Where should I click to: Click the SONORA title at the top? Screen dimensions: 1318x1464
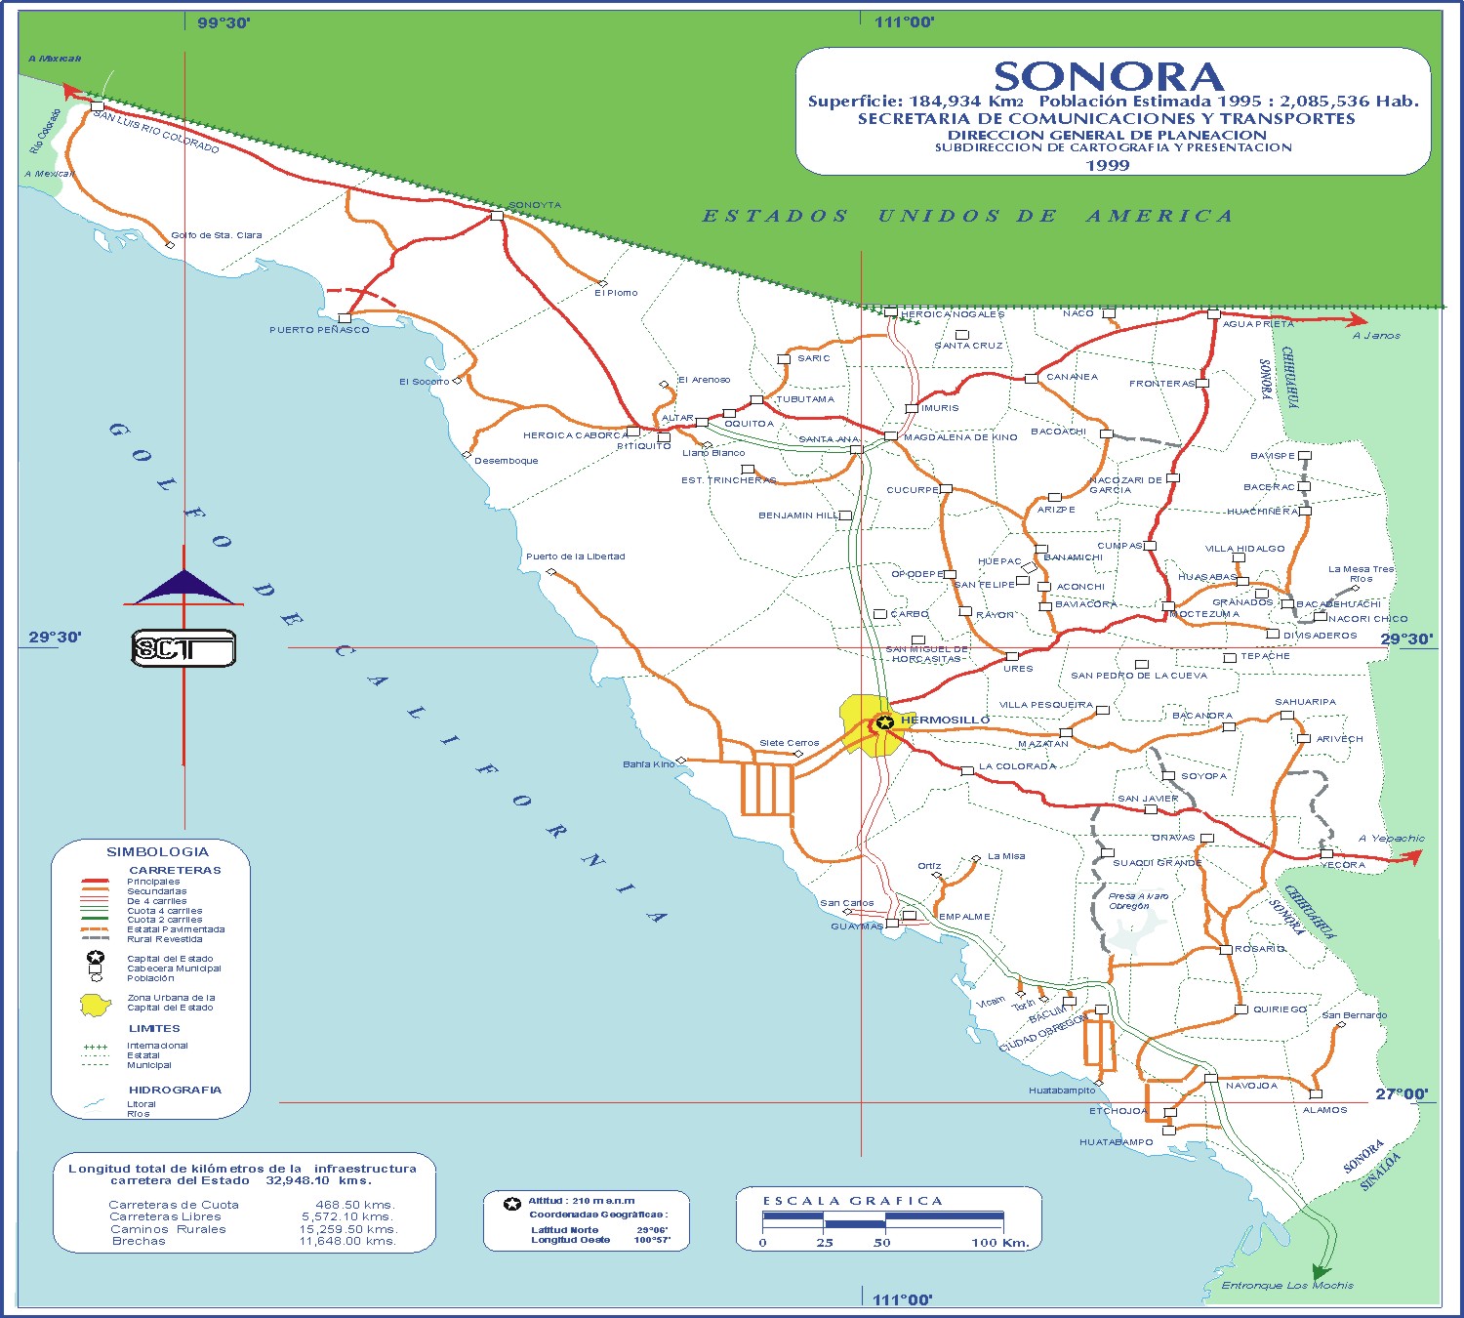pyautogui.click(x=1108, y=77)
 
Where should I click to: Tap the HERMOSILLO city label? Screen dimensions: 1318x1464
pyautogui.click(x=945, y=721)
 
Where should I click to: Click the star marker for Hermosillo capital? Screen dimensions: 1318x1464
pyautogui.click(x=884, y=723)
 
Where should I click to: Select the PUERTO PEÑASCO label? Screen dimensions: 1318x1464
pyautogui.click(x=319, y=330)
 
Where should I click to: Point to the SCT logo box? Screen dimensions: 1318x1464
pyautogui.click(x=183, y=649)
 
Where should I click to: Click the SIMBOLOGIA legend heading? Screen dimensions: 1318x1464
pyautogui.click(x=157, y=852)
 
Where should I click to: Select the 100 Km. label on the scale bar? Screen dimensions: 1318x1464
pyautogui.click(x=999, y=1243)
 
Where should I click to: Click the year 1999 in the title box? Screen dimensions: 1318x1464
pyautogui.click(x=1108, y=166)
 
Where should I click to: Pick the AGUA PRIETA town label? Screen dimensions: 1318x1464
pyautogui.click(x=1258, y=324)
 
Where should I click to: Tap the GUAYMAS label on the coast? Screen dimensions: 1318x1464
pyautogui.click(x=857, y=927)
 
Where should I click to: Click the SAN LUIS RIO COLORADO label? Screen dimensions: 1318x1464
pyautogui.click(x=156, y=132)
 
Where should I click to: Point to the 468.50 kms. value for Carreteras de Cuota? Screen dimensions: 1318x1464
pyautogui.click(x=355, y=1205)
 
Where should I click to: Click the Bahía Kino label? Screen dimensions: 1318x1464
pyautogui.click(x=649, y=764)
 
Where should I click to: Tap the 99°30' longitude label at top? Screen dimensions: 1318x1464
pyautogui.click(x=224, y=23)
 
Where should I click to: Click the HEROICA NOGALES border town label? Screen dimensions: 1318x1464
pyautogui.click(x=952, y=314)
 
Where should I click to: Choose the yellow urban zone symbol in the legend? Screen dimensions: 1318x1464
pyautogui.click(x=96, y=1004)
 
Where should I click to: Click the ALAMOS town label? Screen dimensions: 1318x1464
pyautogui.click(x=1324, y=1110)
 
